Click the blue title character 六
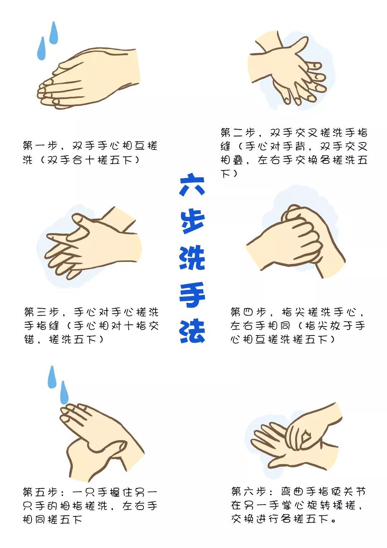[192, 185]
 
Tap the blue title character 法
[192, 331]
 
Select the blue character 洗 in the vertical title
[192, 258]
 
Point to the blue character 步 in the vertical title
[192, 221]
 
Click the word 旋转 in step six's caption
[313, 505]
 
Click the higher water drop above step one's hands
[54, 33]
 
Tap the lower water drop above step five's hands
[64, 392]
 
